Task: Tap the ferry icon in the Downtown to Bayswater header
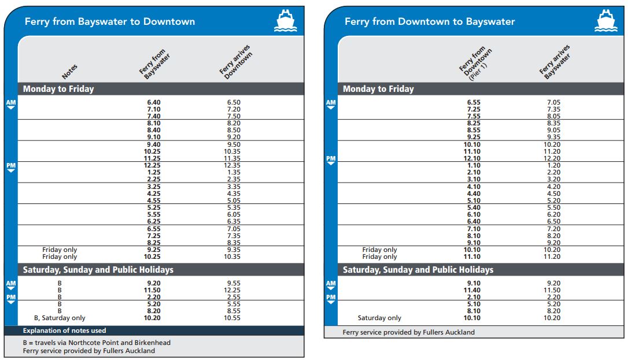click(605, 21)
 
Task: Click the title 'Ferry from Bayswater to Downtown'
click(110, 22)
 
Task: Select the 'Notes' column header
click(69, 71)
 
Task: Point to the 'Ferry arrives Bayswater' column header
click(555, 61)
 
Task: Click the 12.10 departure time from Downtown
click(472, 158)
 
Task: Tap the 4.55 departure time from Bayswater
click(153, 201)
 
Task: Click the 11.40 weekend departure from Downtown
click(472, 290)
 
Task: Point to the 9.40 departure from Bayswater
click(153, 144)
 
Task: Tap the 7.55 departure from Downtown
click(474, 116)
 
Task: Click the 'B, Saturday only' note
click(60, 318)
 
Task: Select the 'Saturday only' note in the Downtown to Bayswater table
click(379, 318)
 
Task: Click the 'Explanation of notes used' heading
click(65, 331)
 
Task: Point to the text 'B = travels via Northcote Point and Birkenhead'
click(97, 343)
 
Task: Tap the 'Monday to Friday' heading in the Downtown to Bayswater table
click(378, 89)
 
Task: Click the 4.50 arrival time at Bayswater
click(553, 194)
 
